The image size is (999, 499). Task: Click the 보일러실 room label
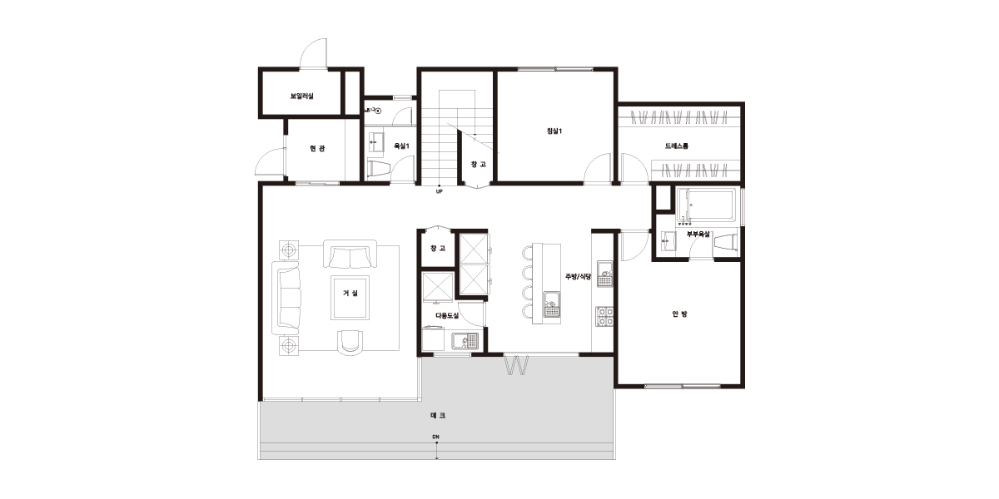(x=302, y=96)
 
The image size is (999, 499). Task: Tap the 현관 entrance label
(x=317, y=148)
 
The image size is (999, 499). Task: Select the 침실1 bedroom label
(x=554, y=131)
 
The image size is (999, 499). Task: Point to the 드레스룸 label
(x=677, y=146)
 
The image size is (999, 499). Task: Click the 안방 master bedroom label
(x=679, y=314)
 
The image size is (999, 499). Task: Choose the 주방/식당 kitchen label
(x=578, y=277)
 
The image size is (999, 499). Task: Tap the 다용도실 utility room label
(x=447, y=315)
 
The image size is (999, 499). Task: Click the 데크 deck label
(x=438, y=415)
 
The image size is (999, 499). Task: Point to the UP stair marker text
(x=440, y=192)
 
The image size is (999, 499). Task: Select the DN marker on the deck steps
(x=435, y=437)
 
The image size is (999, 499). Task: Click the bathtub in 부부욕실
(x=706, y=205)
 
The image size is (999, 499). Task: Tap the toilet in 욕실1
(x=379, y=169)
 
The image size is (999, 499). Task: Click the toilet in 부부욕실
(x=726, y=244)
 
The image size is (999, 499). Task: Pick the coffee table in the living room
(x=350, y=298)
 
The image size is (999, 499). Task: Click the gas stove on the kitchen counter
(x=605, y=317)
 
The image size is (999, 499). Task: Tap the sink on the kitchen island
(x=552, y=304)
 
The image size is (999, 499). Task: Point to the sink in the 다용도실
(x=465, y=341)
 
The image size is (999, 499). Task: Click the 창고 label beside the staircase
(x=479, y=165)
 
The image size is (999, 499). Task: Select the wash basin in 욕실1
(x=375, y=142)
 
